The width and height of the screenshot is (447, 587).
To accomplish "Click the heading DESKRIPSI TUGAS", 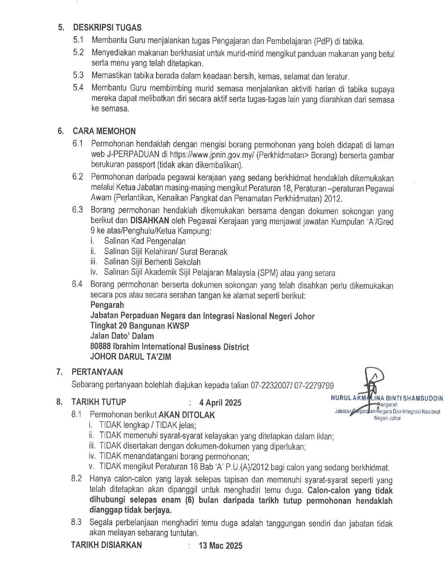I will point(107,27).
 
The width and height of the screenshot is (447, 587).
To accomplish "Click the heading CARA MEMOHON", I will point(104,131).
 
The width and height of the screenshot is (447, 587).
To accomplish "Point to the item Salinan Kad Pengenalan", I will point(145,241).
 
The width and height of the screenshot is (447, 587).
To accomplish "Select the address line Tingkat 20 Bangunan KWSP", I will point(140,326).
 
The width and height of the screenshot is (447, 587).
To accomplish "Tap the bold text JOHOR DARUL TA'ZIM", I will point(130,357).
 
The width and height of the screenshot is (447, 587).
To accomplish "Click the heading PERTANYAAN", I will point(97,372).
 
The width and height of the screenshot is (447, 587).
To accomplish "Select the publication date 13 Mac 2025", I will point(220,546).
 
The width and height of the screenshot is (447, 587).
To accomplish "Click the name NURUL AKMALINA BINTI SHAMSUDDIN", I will point(386,398).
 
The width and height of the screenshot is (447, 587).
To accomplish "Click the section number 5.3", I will point(78,75).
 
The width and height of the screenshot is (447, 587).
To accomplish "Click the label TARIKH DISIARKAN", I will point(107,545).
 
